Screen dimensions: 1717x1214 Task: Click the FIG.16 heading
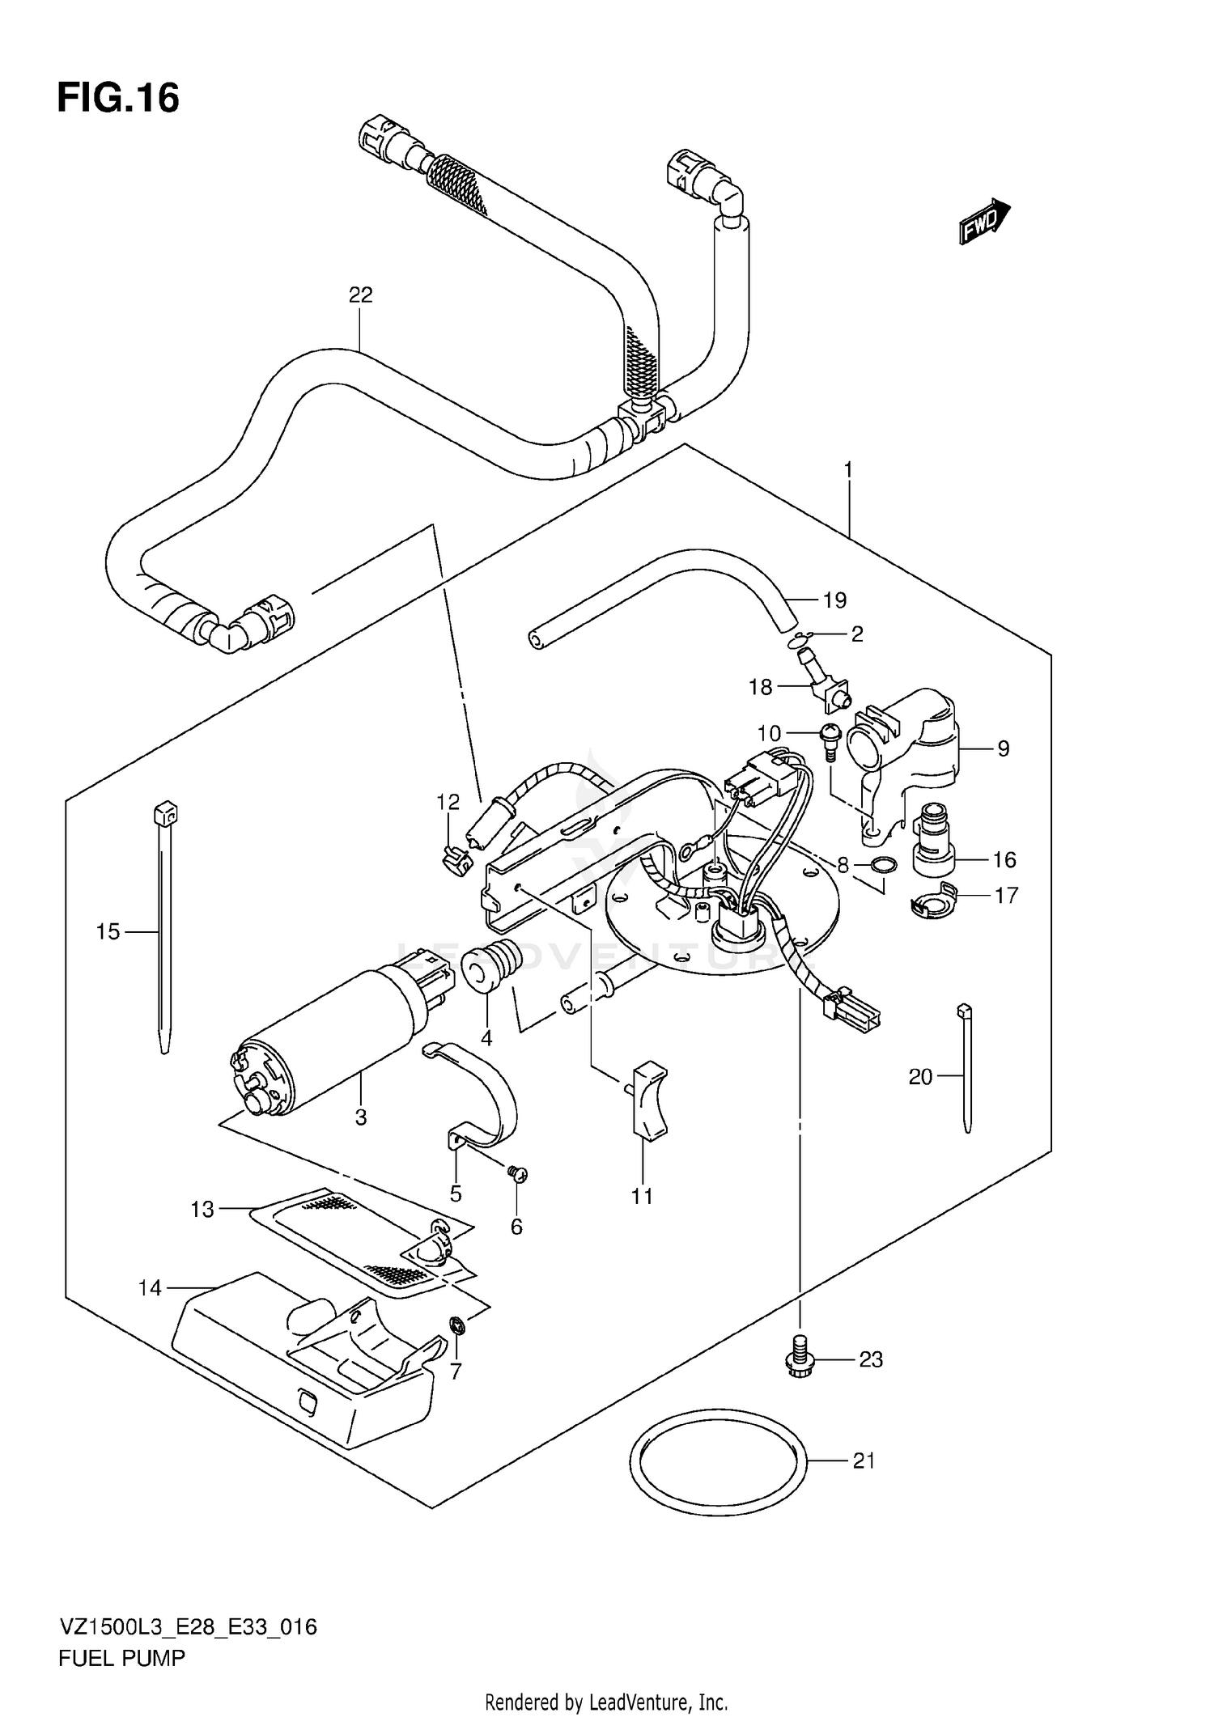click(x=118, y=99)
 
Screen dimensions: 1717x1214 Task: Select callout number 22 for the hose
click(x=360, y=295)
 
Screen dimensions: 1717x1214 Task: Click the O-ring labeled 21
click(x=719, y=1461)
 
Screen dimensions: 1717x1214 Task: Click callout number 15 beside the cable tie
click(x=108, y=931)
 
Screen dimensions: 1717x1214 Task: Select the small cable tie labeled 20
click(x=966, y=1068)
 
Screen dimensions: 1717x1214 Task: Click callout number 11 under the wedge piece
click(x=642, y=1196)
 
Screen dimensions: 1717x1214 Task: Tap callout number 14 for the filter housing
click(x=151, y=1287)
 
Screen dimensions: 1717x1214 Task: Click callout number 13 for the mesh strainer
click(x=202, y=1210)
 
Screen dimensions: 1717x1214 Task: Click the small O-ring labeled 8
click(x=885, y=866)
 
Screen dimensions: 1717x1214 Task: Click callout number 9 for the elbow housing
click(x=1003, y=748)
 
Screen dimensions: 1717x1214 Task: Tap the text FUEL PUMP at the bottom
click(x=121, y=1658)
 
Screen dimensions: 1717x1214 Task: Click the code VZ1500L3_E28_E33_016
click(x=187, y=1626)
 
